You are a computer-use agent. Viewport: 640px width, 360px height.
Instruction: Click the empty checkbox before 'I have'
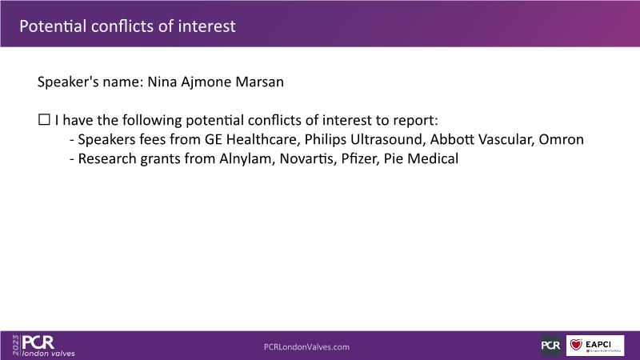(x=44, y=119)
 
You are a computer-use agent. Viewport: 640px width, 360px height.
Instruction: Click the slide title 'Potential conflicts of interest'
(x=127, y=26)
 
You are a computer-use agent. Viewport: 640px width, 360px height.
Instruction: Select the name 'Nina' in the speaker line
(x=162, y=82)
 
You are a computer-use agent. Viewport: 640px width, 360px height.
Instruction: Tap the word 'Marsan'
(x=259, y=82)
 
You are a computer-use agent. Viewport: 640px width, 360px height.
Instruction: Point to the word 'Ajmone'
(x=206, y=82)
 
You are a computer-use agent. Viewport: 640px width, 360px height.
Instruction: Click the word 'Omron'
(x=562, y=139)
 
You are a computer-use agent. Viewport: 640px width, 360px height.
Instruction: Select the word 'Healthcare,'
(x=263, y=139)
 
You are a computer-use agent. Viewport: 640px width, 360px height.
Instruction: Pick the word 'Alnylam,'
(x=247, y=158)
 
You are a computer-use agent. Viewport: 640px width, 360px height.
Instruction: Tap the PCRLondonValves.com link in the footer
(x=306, y=347)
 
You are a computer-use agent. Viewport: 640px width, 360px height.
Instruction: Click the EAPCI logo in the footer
(x=595, y=346)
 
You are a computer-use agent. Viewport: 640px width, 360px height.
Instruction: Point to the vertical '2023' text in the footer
(x=15, y=346)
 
